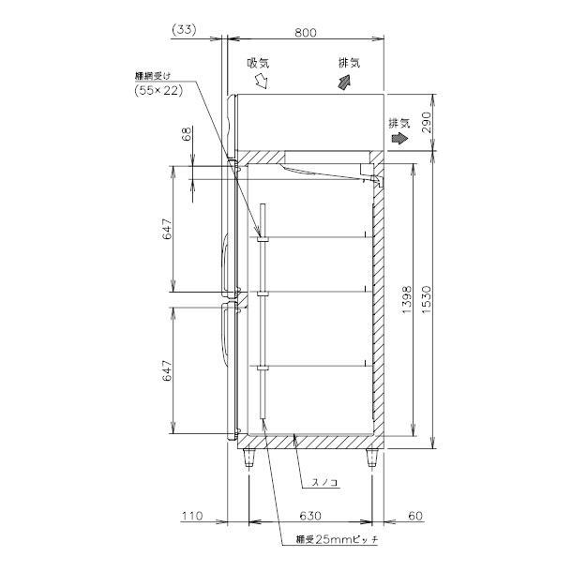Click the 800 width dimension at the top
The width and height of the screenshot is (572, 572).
coord(305,31)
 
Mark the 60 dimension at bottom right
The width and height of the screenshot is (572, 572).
coord(415,516)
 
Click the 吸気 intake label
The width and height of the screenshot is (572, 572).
coord(258,64)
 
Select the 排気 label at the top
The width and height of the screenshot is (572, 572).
coord(350,63)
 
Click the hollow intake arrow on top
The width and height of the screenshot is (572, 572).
coord(263,83)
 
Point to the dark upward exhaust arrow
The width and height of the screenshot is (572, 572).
coord(346,83)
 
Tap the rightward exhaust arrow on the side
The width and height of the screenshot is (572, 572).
coord(400,138)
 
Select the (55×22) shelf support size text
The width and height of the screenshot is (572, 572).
coord(158,90)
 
